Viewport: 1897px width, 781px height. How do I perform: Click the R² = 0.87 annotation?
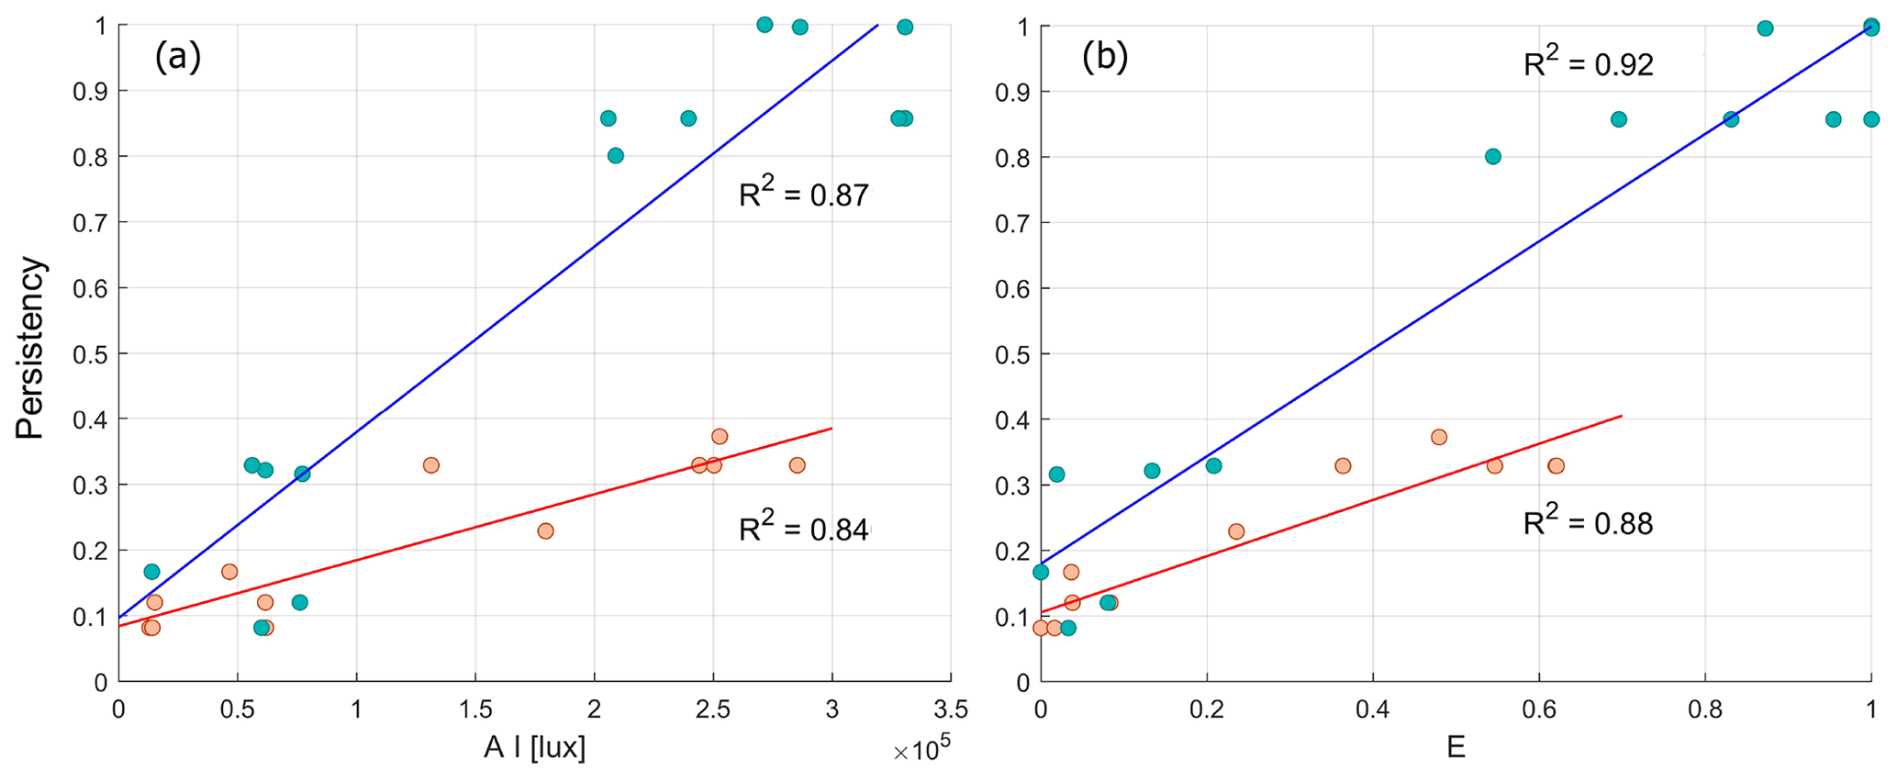(803, 195)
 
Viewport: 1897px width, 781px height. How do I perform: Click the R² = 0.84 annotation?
(803, 529)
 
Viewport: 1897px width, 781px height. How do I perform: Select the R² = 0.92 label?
(1588, 63)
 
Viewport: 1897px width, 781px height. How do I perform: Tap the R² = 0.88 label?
(1588, 522)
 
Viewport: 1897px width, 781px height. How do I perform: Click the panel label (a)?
(177, 57)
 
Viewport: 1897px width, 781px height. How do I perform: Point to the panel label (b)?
(1105, 57)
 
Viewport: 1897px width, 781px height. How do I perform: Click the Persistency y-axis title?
(30, 348)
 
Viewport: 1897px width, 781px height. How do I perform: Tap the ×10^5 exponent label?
(921, 751)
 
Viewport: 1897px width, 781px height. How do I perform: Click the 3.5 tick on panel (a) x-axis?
(950, 709)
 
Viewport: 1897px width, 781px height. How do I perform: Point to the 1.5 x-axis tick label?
(474, 709)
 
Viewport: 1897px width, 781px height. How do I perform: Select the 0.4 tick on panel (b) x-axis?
(1372, 709)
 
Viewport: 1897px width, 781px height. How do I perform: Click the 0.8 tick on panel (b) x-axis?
(1704, 709)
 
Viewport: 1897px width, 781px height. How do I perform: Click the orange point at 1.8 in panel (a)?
(545, 530)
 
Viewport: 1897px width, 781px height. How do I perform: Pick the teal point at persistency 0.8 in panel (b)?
(1492, 156)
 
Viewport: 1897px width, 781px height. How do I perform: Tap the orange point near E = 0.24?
(1236, 531)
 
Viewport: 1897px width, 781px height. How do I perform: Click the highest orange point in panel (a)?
(720, 436)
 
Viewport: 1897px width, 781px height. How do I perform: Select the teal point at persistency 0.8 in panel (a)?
(615, 155)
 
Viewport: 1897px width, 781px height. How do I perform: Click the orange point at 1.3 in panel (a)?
(430, 465)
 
